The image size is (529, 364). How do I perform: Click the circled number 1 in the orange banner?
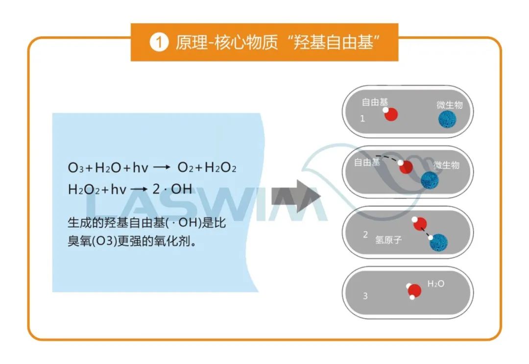pyautogui.click(x=158, y=43)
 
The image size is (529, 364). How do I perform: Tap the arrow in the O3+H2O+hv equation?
pyautogui.click(x=161, y=168)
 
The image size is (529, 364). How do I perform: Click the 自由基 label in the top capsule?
pyautogui.click(x=375, y=102)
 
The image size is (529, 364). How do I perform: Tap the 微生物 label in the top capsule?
pyautogui.click(x=449, y=105)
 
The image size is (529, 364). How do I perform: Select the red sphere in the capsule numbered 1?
pyautogui.click(x=390, y=114)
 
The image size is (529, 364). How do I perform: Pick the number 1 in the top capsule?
pyautogui.click(x=362, y=119)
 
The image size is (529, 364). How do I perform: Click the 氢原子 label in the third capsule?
pyautogui.click(x=388, y=241)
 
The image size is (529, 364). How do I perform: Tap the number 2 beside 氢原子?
pyautogui.click(x=365, y=235)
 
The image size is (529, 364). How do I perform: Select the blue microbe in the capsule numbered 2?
pyautogui.click(x=439, y=243)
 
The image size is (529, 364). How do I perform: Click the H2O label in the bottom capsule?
pyautogui.click(x=436, y=284)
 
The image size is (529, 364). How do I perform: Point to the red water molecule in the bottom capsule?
pyautogui.click(x=414, y=291)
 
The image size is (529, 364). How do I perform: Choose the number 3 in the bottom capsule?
pyautogui.click(x=365, y=296)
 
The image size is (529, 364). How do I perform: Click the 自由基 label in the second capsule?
pyautogui.click(x=367, y=162)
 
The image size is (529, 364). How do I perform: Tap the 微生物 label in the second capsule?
pyautogui.click(x=446, y=165)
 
